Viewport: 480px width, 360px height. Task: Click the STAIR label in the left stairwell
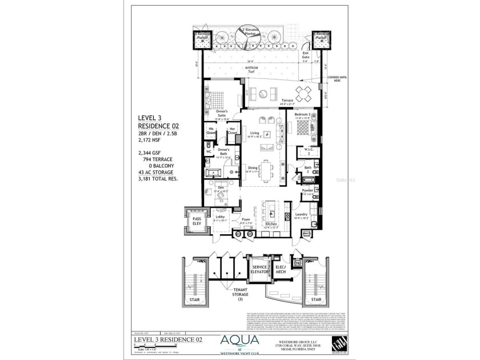point(195,298)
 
